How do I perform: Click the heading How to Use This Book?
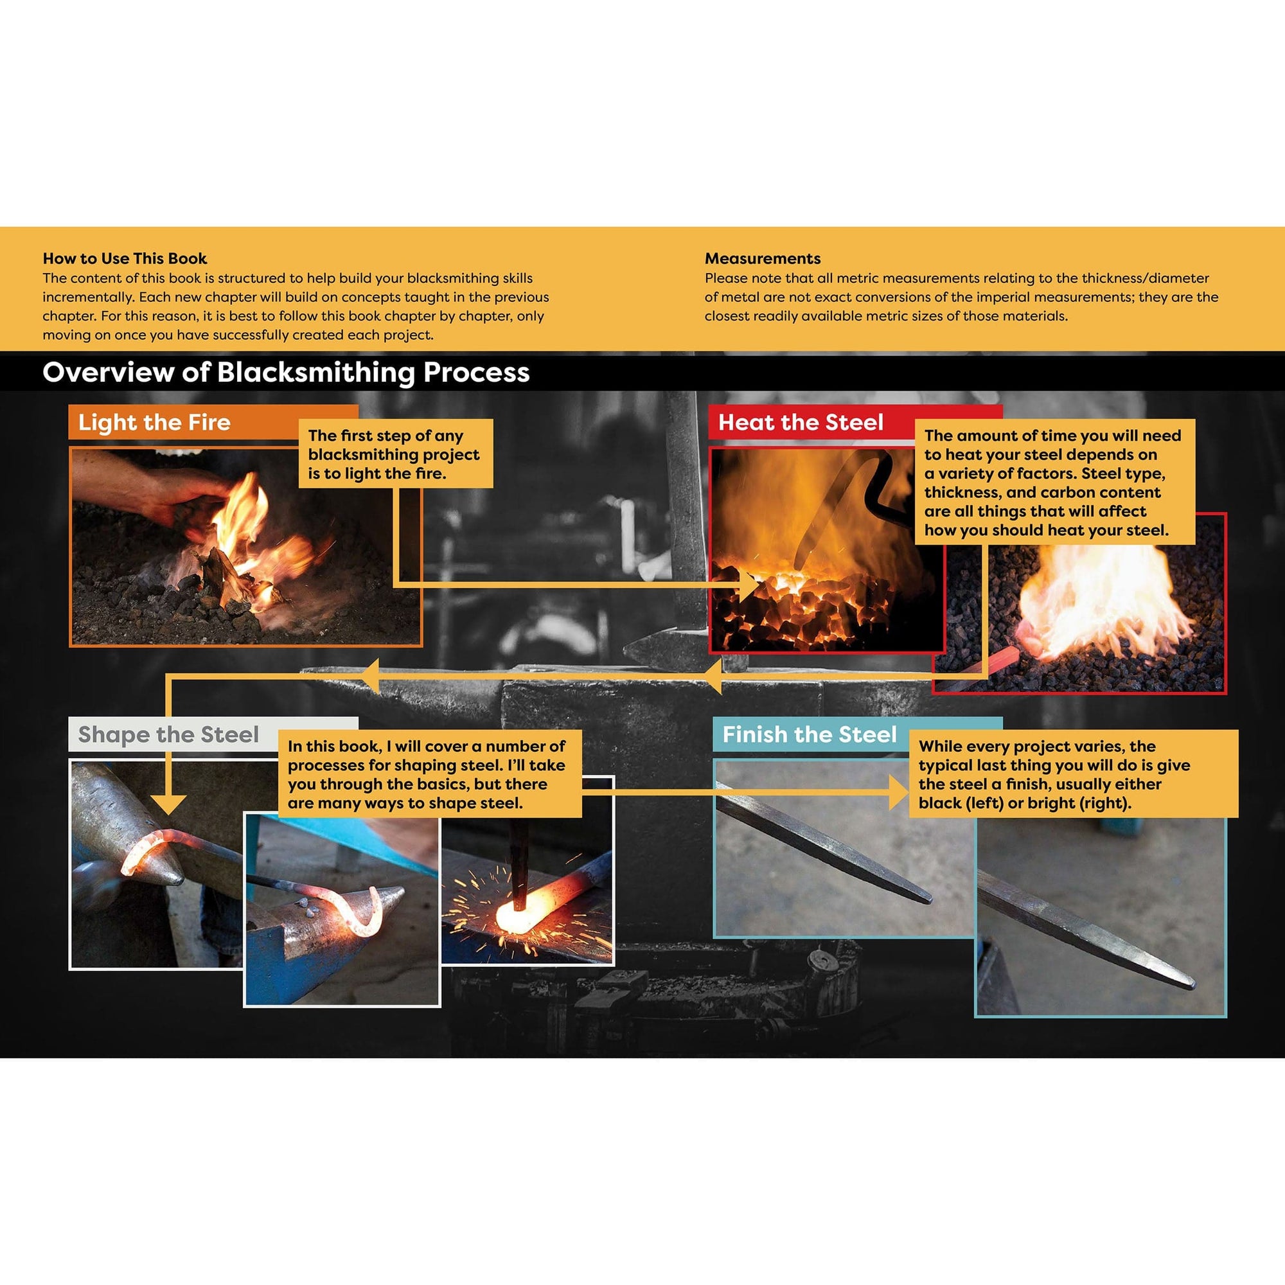(125, 258)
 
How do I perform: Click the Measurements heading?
(762, 258)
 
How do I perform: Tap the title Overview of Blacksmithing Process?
(286, 373)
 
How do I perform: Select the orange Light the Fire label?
(154, 422)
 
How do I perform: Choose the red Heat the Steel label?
(800, 422)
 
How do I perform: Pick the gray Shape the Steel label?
(168, 734)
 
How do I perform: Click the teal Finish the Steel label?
(810, 734)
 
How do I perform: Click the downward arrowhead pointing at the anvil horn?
(168, 805)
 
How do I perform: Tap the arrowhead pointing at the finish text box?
(899, 792)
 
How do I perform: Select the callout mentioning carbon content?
(1054, 483)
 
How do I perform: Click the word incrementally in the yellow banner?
(88, 297)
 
